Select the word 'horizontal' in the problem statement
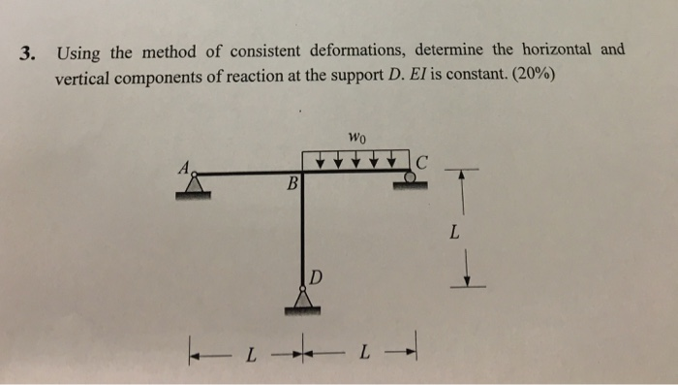coord(568,48)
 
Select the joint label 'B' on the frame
coord(292,183)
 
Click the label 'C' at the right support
coord(422,160)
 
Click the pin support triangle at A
coord(197,183)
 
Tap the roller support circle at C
coord(411,177)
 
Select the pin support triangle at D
coord(304,299)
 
